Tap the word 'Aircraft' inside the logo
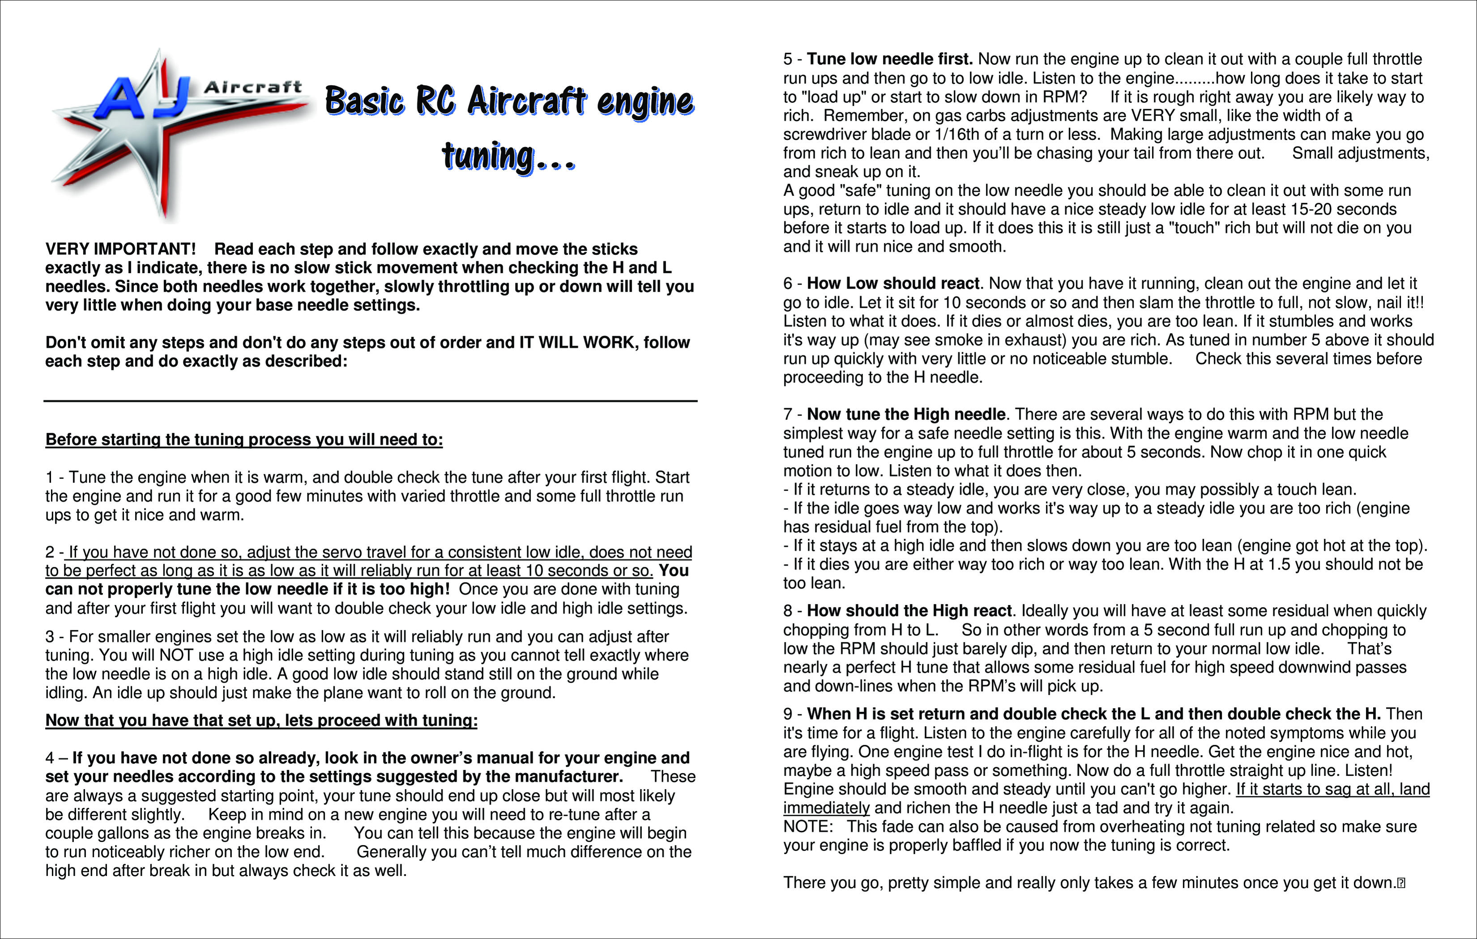[253, 88]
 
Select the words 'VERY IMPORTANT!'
[120, 249]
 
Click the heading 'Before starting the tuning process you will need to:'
[243, 440]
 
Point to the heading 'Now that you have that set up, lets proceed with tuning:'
[261, 720]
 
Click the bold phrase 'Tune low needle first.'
[889, 59]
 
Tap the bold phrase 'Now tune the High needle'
[906, 415]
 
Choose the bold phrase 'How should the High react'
[909, 611]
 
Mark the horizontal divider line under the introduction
[371, 401]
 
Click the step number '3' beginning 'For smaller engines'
[50, 637]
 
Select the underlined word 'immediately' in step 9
[826, 808]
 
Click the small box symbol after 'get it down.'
[1401, 883]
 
